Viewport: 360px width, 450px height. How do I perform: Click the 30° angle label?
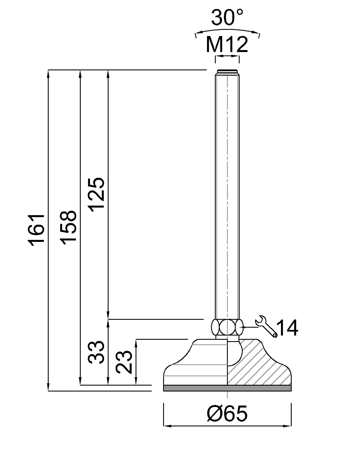click(227, 17)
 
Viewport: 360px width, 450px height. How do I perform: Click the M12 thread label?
click(227, 44)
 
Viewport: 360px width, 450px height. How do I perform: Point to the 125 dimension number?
click(96, 193)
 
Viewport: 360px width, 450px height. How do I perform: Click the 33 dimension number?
click(96, 352)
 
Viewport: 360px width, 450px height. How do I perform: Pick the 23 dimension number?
click(124, 362)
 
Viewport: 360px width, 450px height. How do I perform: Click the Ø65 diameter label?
click(227, 413)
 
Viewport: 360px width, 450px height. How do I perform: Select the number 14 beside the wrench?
click(287, 328)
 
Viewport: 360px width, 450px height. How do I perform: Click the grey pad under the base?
click(227, 388)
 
